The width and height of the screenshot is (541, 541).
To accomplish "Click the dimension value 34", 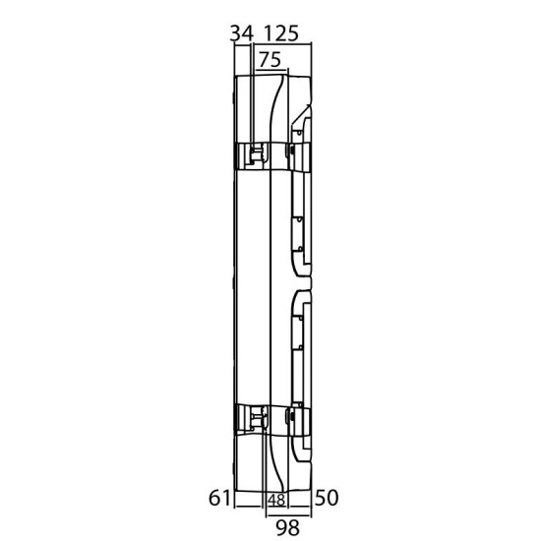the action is point(242,33).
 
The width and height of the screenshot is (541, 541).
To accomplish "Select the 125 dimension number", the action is point(281,33).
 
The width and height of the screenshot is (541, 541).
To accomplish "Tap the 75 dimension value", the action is point(270,60).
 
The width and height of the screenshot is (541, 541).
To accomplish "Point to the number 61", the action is point(219,498).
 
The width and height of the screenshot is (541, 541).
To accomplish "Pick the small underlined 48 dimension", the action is point(276,500).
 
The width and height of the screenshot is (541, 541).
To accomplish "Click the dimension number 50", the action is point(327,498).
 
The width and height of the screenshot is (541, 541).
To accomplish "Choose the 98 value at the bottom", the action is point(288,527).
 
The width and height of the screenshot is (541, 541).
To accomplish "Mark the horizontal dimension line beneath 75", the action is point(271,71).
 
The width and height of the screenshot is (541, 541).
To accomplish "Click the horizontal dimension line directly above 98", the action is point(288,516).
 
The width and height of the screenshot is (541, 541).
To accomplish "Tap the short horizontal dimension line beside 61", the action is point(248,507).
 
